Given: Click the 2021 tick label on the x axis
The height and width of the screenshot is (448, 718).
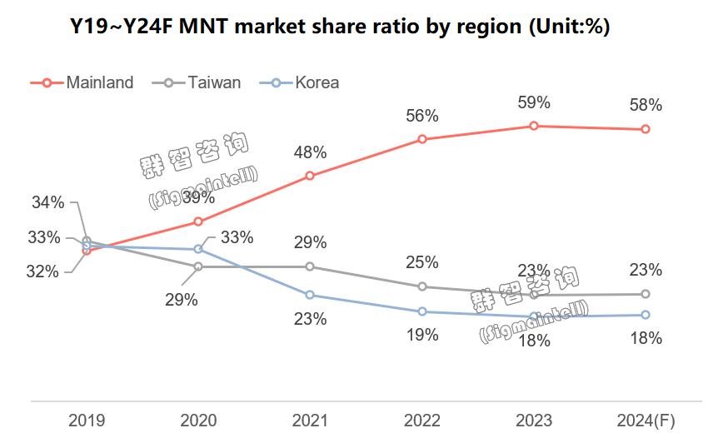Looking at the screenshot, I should [309, 421].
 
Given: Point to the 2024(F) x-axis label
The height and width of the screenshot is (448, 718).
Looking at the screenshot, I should [646, 421].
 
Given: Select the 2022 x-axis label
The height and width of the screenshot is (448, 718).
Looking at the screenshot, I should [421, 421].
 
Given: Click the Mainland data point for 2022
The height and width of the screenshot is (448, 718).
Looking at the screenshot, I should [422, 139].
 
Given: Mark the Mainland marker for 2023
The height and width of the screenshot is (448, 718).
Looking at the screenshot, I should [534, 126].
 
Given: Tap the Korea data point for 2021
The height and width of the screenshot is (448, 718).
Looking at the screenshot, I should [310, 295].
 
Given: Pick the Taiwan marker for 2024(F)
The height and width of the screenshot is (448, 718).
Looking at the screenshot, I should [646, 294].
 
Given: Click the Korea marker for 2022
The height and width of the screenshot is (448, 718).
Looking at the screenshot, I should [422, 311].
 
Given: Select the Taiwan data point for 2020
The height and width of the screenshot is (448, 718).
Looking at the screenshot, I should [198, 266].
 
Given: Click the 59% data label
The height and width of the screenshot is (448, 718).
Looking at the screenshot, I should [534, 102].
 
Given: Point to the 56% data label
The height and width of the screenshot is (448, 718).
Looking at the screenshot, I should [422, 117].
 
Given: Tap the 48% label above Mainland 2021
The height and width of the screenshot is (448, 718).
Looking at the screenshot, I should [310, 152].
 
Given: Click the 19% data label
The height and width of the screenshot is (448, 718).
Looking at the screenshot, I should [422, 335].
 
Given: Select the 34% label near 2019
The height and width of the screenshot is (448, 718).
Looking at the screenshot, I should [47, 202].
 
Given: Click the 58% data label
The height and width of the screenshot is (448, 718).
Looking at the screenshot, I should [646, 106].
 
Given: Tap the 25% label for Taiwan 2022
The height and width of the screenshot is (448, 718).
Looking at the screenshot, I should [422, 263].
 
